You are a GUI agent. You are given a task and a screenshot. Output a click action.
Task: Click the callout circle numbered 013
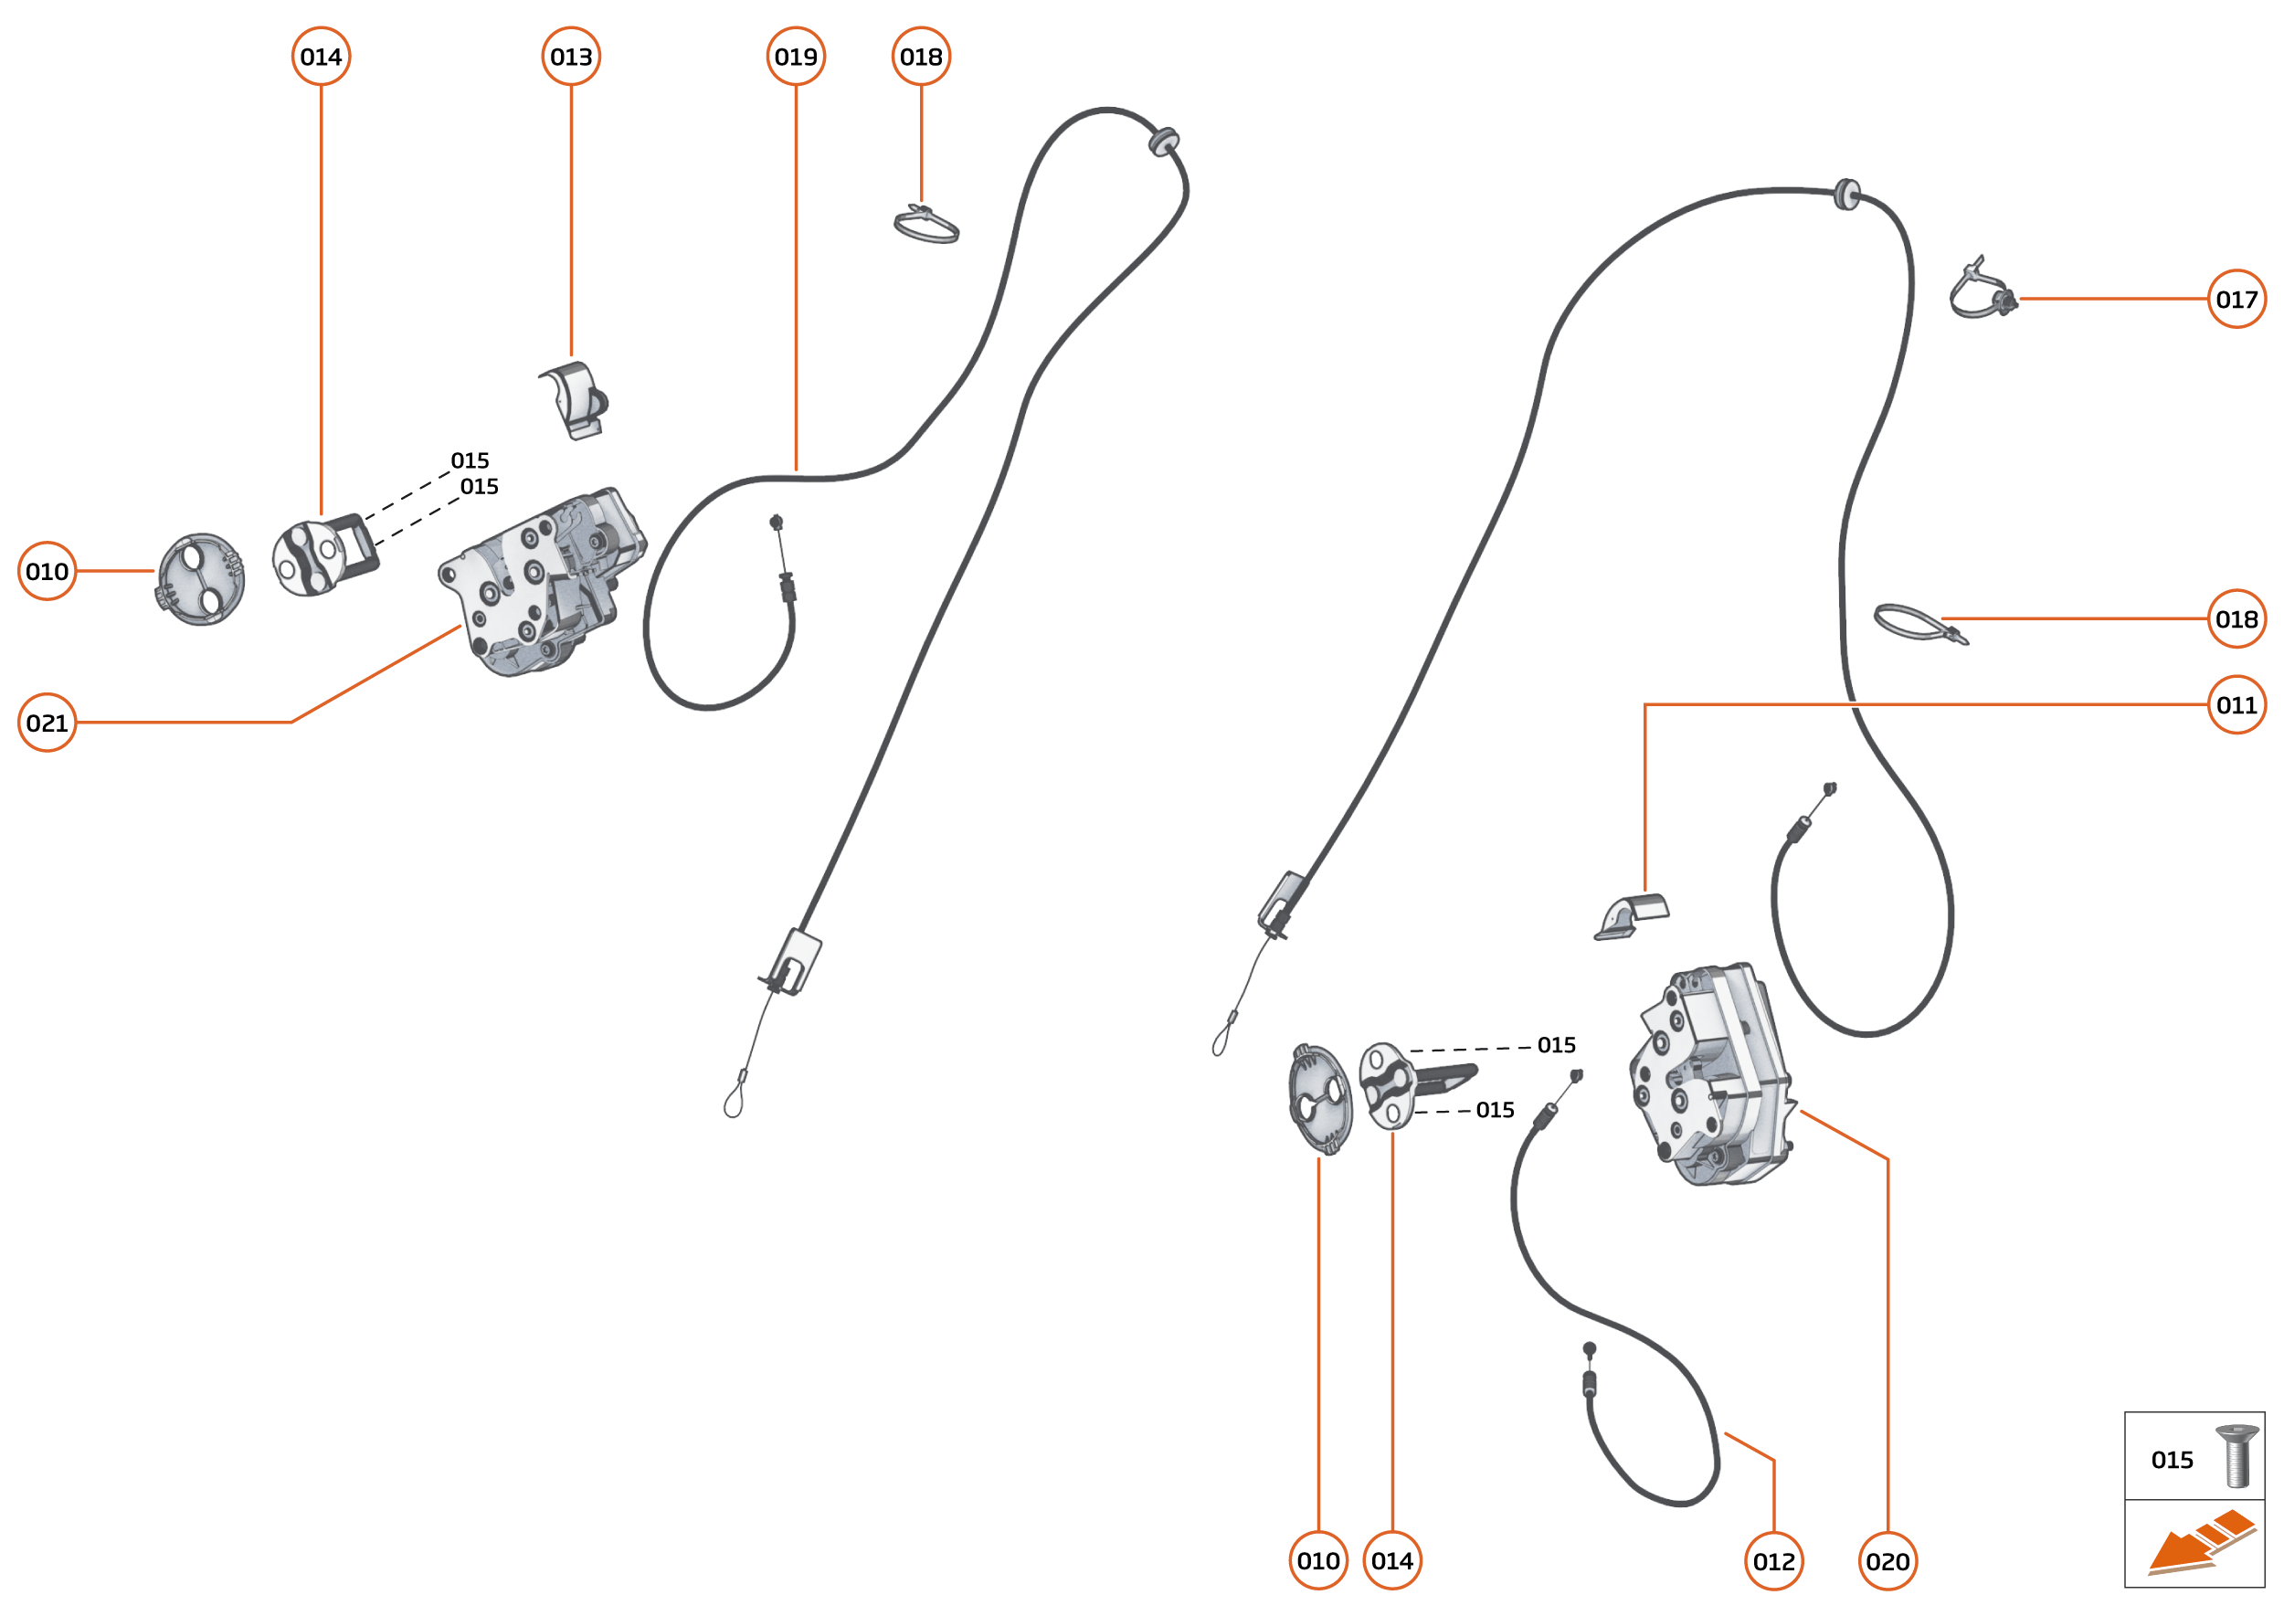[x=570, y=57]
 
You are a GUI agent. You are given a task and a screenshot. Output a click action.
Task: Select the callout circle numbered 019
[x=795, y=57]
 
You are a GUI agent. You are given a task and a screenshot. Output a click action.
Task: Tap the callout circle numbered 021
[x=47, y=723]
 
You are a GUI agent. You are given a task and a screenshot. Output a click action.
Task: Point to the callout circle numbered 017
[x=2236, y=299]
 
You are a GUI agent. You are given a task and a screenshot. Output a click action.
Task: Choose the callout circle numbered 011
[x=2236, y=704]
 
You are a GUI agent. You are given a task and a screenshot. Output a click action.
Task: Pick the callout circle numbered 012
[x=1773, y=1561]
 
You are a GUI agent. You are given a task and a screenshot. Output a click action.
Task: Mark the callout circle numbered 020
[x=1887, y=1561]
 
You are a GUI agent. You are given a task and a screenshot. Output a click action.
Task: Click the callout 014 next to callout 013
[x=321, y=57]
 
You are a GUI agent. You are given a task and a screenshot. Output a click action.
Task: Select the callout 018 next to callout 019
[x=921, y=57]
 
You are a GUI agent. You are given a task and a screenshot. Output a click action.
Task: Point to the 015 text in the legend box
[x=2172, y=1460]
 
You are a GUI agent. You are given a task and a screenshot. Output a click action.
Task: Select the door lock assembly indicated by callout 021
[x=543, y=582]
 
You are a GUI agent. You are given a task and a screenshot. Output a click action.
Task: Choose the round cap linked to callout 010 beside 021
[x=200, y=579]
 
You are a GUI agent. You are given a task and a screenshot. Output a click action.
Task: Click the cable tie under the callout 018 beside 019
[x=926, y=225]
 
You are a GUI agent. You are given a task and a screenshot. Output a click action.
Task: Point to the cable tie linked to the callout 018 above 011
[x=1919, y=624]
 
